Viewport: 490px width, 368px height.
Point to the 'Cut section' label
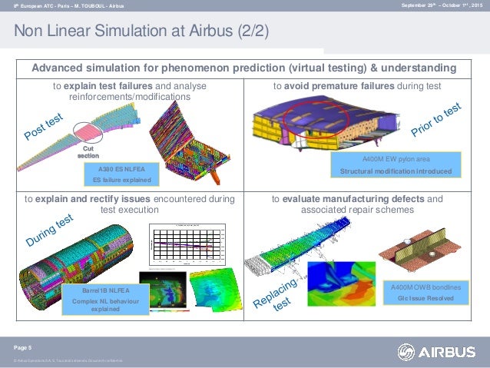(89, 152)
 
